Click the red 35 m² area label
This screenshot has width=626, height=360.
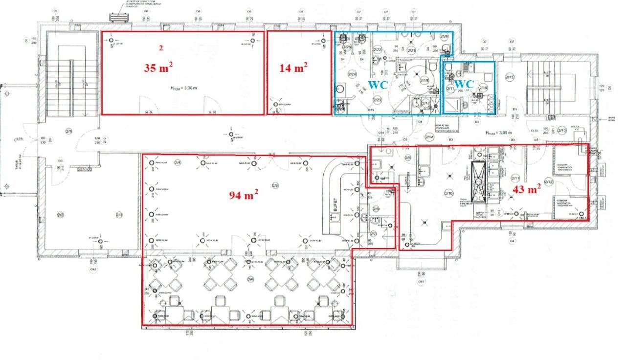click(x=158, y=67)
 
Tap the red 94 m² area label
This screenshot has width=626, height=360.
click(x=244, y=195)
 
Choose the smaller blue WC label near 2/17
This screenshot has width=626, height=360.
click(x=464, y=84)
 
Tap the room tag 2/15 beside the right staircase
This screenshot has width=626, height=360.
click(x=510, y=77)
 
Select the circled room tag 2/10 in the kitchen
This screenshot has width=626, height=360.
click(x=448, y=194)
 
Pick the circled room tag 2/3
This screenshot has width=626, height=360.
click(x=119, y=215)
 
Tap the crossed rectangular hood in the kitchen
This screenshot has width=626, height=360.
click(x=477, y=181)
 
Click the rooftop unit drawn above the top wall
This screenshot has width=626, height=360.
click(x=119, y=16)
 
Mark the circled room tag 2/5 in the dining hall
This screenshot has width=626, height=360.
click(x=275, y=185)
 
